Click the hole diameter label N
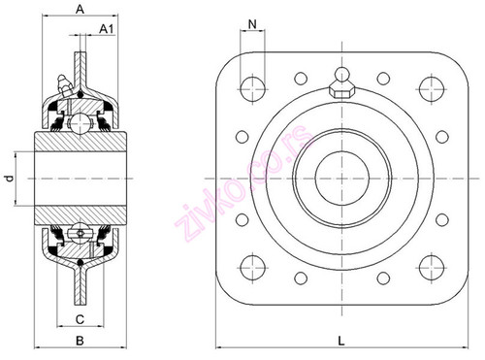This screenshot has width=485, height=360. (252, 23)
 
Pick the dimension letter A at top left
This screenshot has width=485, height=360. (78, 8)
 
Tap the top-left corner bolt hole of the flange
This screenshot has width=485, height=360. (252, 83)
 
